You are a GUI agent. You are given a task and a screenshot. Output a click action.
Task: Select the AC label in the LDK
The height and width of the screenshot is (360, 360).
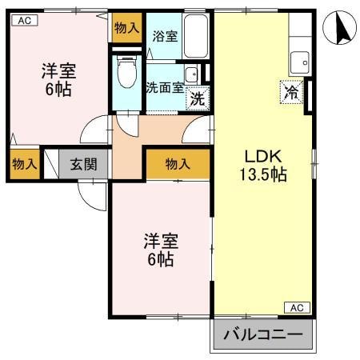coord(295,307)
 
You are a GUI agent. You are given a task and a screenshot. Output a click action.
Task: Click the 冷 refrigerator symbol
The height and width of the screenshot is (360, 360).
coord(292,92)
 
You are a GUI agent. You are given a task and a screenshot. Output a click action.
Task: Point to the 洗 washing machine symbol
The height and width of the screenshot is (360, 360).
coord(196,99)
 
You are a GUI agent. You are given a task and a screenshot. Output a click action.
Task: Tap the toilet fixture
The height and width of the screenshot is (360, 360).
coord(126,73)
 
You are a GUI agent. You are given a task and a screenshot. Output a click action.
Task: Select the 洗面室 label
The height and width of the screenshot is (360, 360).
coord(162,87)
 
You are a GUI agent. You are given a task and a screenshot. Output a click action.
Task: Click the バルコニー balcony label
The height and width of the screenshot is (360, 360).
coord(262,334)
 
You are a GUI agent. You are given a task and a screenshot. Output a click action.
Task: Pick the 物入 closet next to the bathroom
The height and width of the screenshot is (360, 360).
coord(126,26)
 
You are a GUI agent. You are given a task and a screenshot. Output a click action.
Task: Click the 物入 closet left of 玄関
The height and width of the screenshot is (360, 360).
coord(24,164)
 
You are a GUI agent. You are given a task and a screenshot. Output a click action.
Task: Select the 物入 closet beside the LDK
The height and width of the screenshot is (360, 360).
coord(178,164)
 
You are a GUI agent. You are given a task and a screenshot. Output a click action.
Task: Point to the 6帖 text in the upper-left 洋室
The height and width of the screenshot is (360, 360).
coord(58,89)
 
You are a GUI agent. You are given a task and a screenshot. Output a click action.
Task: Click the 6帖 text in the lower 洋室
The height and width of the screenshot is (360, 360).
coord(160,260)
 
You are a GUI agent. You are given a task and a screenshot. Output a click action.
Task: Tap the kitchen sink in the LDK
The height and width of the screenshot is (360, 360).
coord(300,60)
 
